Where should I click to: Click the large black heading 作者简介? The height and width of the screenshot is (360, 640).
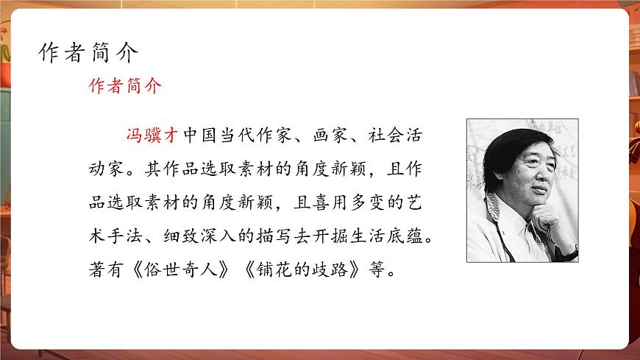[x=88, y=53]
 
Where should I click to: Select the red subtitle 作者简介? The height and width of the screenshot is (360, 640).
[x=125, y=86]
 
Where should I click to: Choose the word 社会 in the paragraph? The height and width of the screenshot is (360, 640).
[x=377, y=136]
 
